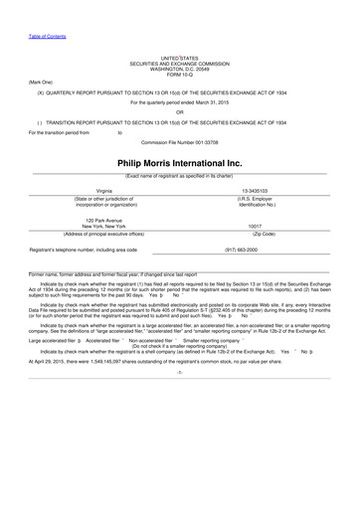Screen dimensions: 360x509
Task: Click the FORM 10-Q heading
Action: (180, 74)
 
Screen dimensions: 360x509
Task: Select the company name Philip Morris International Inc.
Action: (180, 161)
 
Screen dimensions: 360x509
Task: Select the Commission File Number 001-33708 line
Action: (180, 140)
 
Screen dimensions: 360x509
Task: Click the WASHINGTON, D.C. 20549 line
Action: (180, 69)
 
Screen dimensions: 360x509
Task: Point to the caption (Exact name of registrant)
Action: (180, 175)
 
